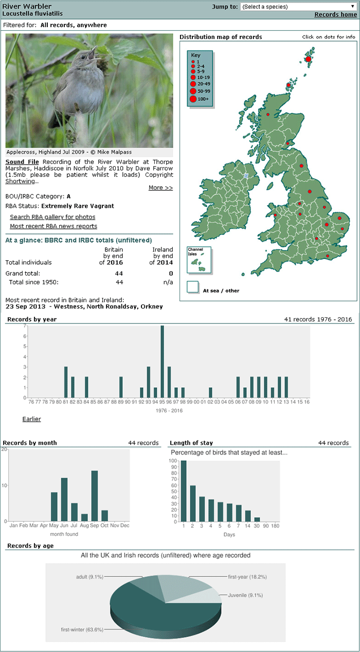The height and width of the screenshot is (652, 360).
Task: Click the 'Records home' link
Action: (335, 14)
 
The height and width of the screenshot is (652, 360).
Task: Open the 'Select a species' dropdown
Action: (298, 7)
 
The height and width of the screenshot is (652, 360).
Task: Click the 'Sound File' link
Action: (22, 162)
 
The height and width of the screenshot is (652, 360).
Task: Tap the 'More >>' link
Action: (160, 188)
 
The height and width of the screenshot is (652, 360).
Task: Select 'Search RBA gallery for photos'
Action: (52, 217)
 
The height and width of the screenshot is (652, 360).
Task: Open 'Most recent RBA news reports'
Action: (53, 226)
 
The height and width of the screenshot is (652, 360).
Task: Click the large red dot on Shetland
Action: (308, 59)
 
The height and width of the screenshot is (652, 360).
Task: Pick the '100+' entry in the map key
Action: (200, 99)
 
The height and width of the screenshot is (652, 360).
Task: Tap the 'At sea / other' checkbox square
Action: (193, 287)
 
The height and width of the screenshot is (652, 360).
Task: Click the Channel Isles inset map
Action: (199, 260)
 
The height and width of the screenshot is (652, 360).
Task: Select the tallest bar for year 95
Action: (162, 361)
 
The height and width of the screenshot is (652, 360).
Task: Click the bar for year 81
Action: (66, 382)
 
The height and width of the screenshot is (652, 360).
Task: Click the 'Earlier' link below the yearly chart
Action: (32, 419)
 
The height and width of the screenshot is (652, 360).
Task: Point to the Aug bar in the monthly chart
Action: (84, 517)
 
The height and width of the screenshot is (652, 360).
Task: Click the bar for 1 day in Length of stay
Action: (184, 491)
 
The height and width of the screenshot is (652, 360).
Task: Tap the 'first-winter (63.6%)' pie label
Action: (82, 629)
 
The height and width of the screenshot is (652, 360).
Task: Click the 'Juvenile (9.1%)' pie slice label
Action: (245, 595)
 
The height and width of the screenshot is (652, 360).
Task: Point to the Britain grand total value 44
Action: (119, 274)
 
